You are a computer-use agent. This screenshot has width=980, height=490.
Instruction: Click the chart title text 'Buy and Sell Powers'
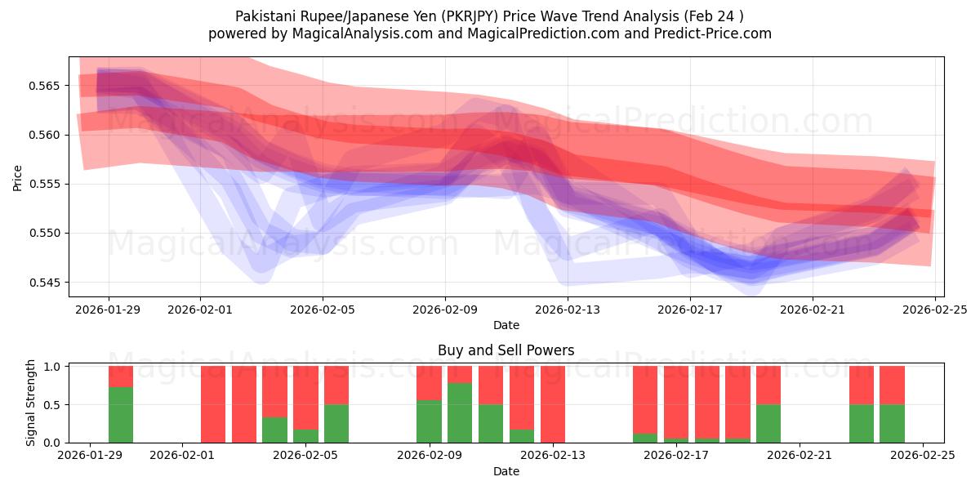pyautogui.click(x=506, y=350)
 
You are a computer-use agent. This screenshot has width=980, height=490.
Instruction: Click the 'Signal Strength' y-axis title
pyautogui.click(x=31, y=403)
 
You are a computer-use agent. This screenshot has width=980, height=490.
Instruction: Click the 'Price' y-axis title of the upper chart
pyautogui.click(x=18, y=177)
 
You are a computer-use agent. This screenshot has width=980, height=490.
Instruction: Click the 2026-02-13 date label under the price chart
pyautogui.click(x=568, y=310)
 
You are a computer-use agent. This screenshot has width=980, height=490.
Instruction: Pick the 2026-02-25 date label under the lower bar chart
pyautogui.click(x=923, y=455)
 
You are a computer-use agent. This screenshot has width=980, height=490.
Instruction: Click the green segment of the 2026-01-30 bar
pyautogui.click(x=121, y=415)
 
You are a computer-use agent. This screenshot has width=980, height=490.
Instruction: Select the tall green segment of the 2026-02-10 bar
pyautogui.click(x=460, y=412)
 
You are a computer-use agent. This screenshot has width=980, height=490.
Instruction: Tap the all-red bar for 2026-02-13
pyautogui.click(x=553, y=404)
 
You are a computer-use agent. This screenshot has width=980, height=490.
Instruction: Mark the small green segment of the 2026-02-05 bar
pyautogui.click(x=306, y=436)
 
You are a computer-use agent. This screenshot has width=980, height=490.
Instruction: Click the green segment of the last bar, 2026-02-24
pyautogui.click(x=892, y=423)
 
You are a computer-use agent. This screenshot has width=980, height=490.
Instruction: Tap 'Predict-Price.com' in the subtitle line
pyautogui.click(x=710, y=33)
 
